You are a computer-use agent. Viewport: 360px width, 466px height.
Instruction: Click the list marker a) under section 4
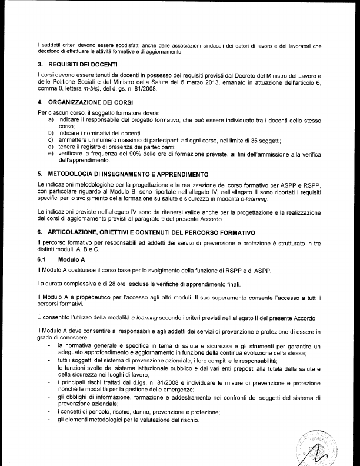pyautogui.click(x=51, y=120)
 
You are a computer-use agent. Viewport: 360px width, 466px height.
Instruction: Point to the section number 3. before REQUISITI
pyautogui.click(x=39, y=64)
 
